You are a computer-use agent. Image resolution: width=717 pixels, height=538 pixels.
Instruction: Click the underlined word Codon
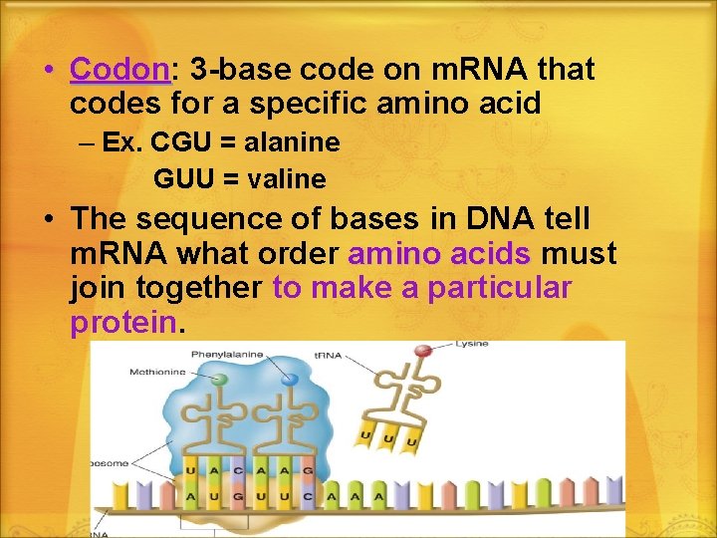coord(119,71)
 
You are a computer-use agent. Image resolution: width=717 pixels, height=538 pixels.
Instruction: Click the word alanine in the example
coord(294,142)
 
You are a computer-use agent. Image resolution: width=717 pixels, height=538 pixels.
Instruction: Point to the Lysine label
coord(471,344)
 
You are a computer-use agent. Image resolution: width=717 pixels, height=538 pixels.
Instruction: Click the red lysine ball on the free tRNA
coord(423,351)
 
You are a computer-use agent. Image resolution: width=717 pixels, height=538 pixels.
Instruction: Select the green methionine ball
coord(220,381)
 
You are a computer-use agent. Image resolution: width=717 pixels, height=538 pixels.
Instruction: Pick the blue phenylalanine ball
coord(289,380)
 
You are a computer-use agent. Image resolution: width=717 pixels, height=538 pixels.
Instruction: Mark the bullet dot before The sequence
coord(48,219)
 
